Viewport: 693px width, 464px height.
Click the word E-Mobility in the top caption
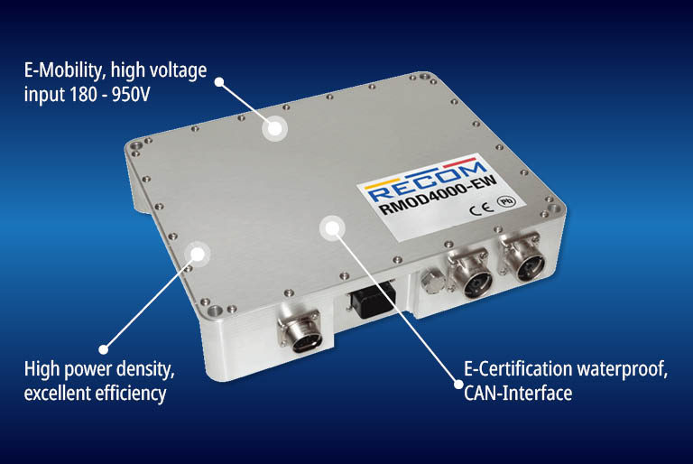coord(63,70)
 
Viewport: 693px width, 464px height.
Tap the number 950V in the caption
coord(131,95)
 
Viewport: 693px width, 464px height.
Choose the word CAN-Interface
coord(518,393)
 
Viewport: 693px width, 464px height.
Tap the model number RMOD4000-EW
coord(439,194)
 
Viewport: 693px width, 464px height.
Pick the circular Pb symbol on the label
coord(506,201)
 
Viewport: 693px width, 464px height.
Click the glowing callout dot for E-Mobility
coord(274,129)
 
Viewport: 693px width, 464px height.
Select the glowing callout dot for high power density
coord(198,254)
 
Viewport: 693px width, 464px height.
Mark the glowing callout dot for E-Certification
coord(332,228)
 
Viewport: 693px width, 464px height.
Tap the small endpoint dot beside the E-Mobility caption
coord(219,82)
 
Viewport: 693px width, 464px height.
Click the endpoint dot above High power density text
coord(104,349)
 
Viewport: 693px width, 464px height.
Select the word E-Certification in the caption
coord(518,369)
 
